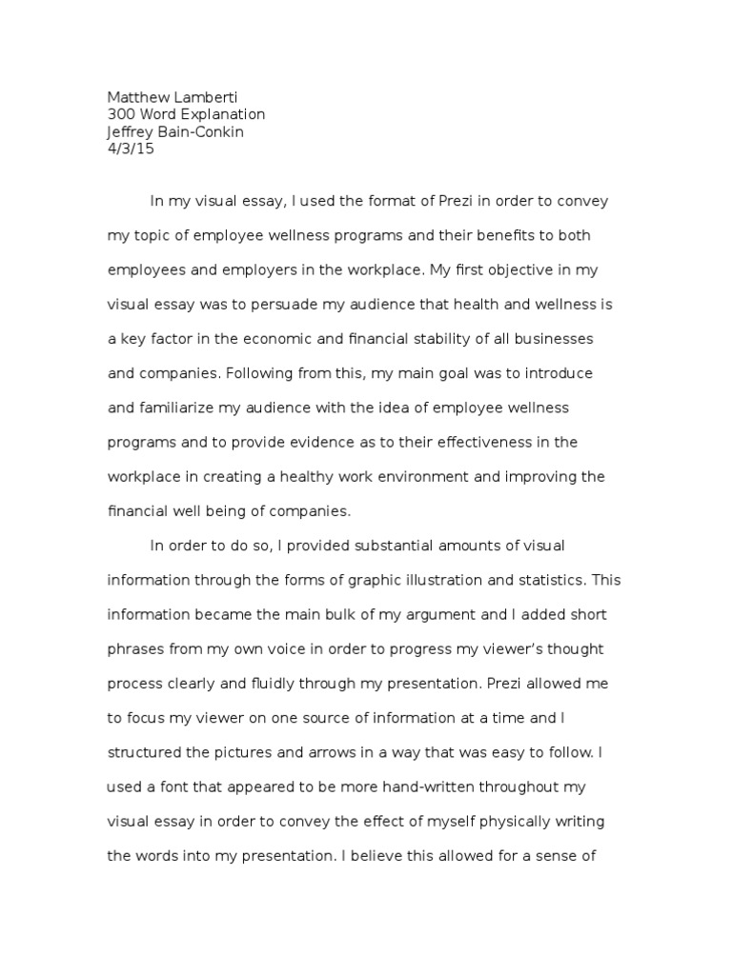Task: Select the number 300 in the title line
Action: coord(120,114)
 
